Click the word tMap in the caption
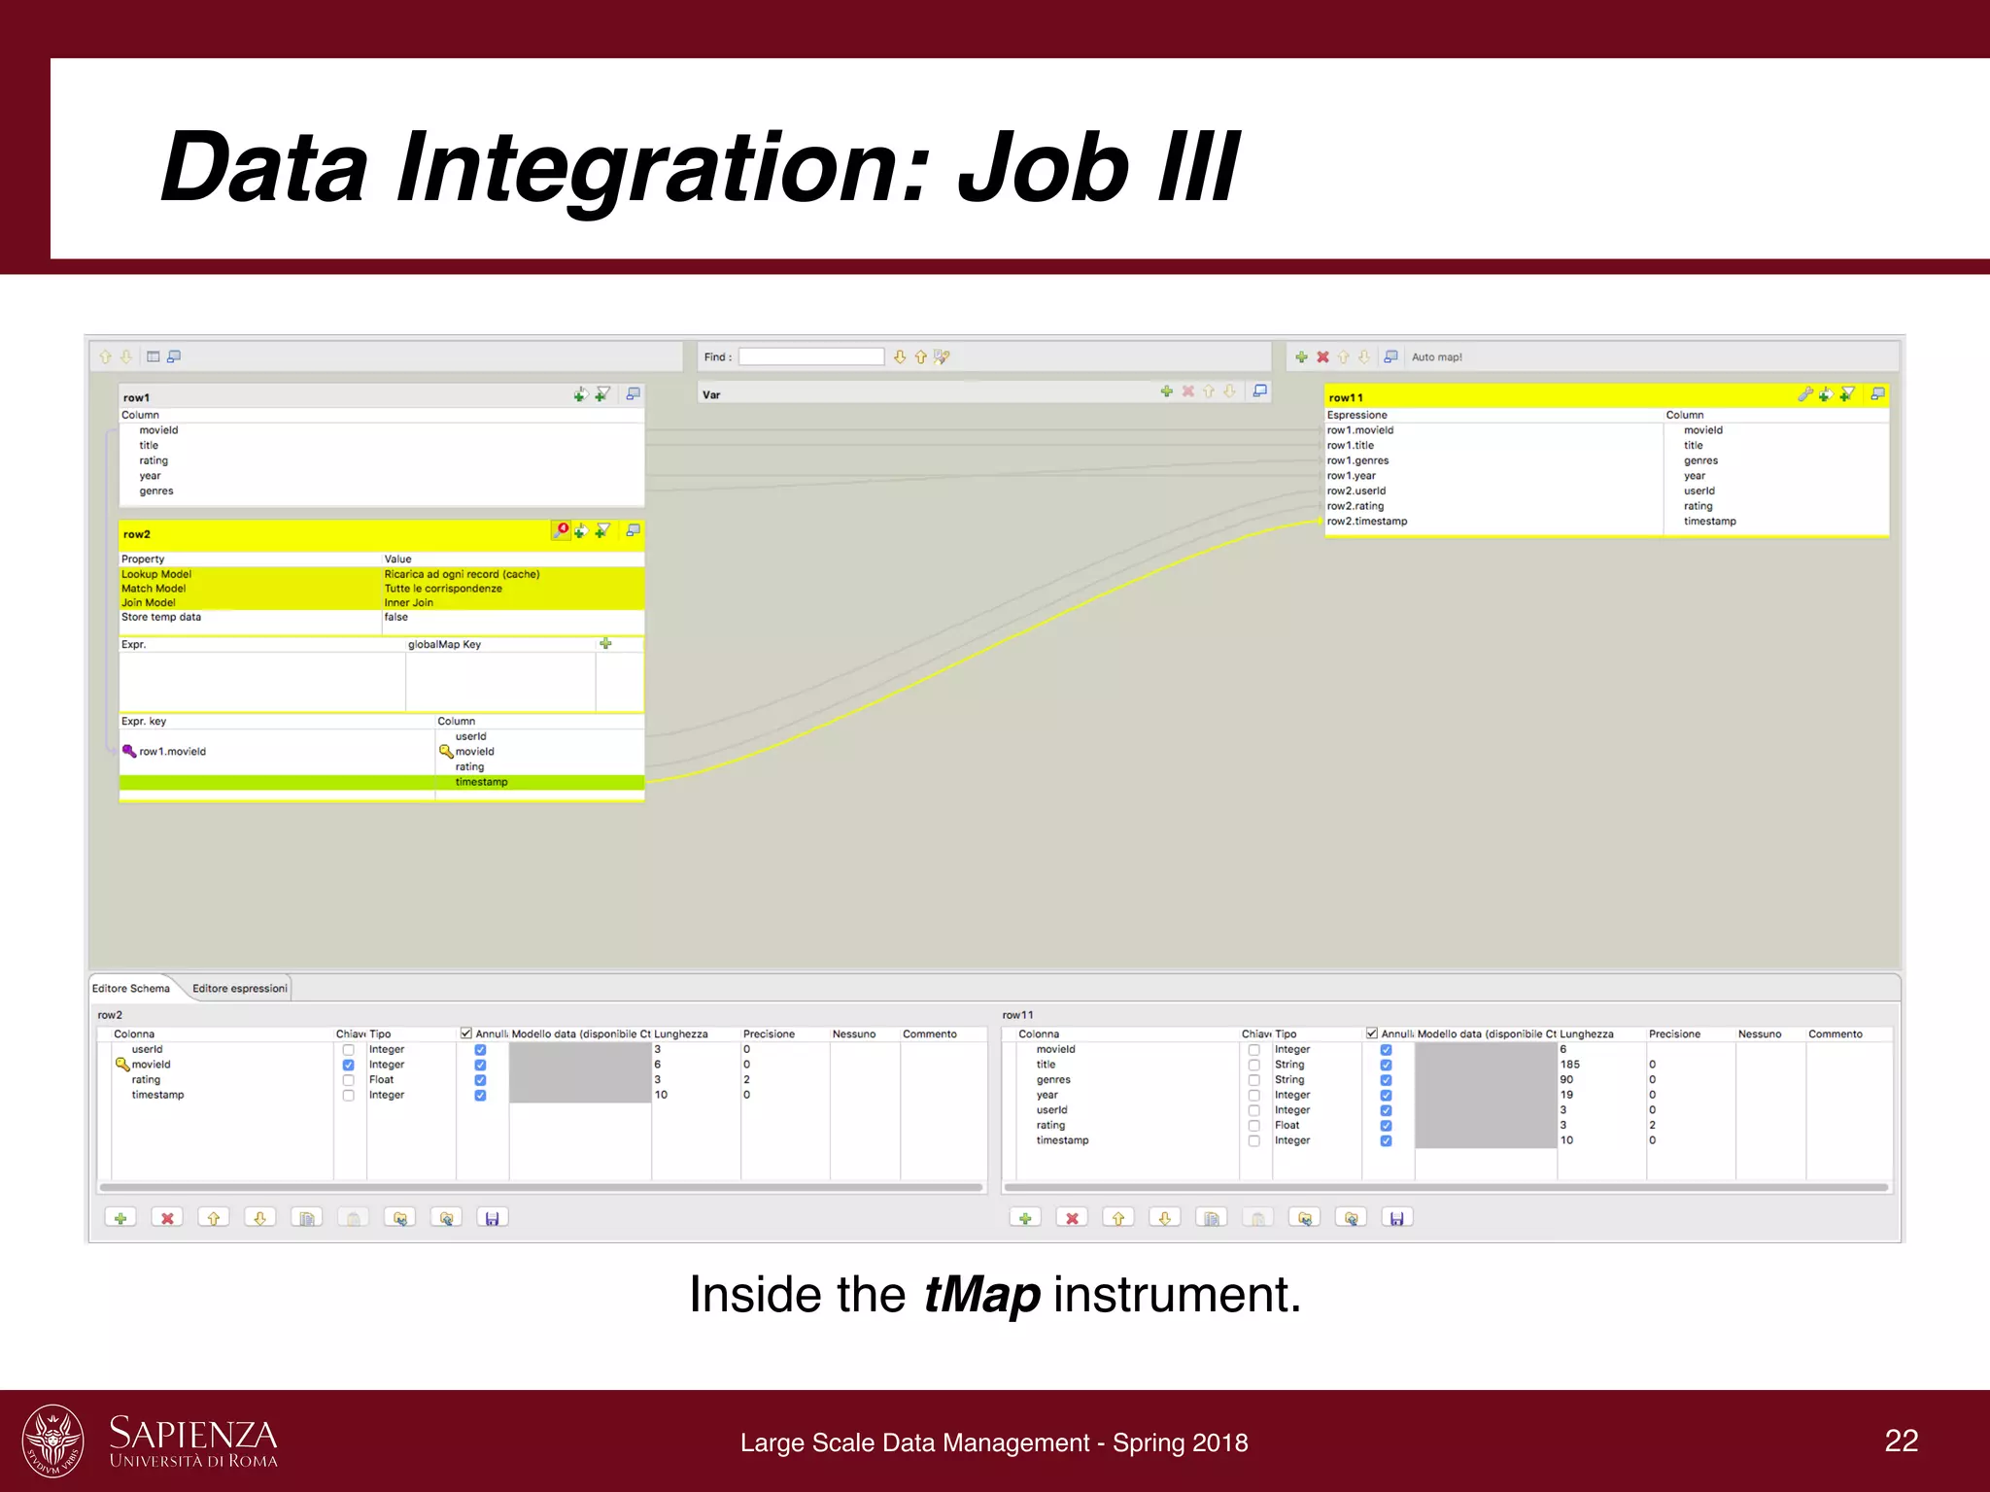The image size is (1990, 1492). coord(980,1296)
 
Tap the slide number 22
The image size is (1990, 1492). coord(1901,1441)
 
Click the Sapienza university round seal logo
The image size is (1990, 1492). coord(52,1441)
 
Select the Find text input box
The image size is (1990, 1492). coord(811,356)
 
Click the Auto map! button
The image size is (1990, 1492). coord(1436,357)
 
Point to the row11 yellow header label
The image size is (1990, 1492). coord(1346,397)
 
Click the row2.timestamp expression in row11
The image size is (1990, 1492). coord(1367,522)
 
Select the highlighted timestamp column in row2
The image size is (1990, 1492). coord(481,782)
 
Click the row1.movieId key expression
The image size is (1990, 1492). coord(172,752)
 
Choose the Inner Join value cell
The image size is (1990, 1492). coord(409,602)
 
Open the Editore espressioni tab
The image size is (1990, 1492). coord(239,989)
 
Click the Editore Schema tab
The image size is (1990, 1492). coord(131,989)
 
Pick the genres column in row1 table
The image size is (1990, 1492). coord(156,492)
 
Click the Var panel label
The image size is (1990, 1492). coord(711,394)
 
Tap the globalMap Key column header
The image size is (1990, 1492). coord(444,645)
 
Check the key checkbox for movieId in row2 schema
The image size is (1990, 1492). coord(348,1066)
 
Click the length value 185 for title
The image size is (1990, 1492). coord(1569,1065)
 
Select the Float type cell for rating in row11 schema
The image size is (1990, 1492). coord(1287,1126)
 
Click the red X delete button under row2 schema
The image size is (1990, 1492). coord(167,1218)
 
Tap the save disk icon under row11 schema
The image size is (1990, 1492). coord(1396,1218)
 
